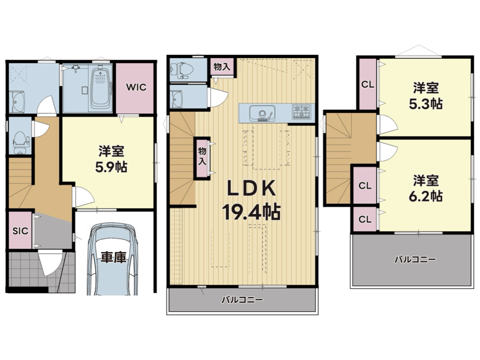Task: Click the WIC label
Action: click(136, 87)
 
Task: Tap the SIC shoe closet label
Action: click(20, 231)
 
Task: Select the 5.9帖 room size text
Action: click(111, 167)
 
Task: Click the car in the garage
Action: click(112, 259)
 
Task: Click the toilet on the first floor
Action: click(21, 142)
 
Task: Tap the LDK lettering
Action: click(251, 188)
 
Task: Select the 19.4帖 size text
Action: click(251, 212)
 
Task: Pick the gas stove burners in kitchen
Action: click(301, 112)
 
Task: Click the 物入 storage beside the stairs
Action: click(202, 157)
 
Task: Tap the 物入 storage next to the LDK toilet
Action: click(222, 67)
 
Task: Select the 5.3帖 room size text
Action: click(426, 104)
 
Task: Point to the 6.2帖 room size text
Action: click(426, 196)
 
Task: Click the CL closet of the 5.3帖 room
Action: click(367, 84)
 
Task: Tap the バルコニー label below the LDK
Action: click(242, 299)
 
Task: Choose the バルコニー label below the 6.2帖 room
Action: click(415, 260)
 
